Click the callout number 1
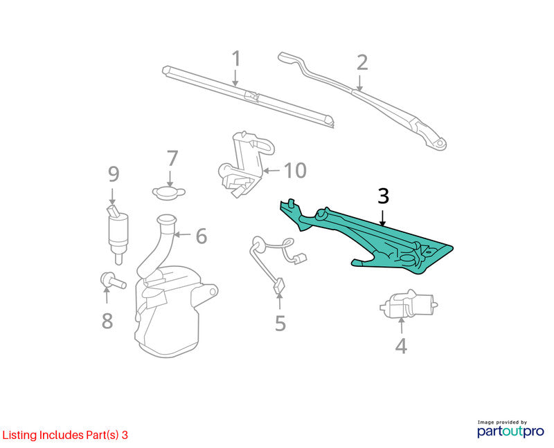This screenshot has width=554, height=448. tap(236, 59)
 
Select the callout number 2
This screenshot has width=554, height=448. tap(362, 62)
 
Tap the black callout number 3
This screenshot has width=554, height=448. tap(384, 196)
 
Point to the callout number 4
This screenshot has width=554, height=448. tap(401, 346)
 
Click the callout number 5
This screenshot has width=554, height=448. tap(280, 323)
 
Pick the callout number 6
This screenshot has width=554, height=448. tap(202, 236)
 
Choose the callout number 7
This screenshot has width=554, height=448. tap(172, 158)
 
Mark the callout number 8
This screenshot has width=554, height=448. tap(107, 321)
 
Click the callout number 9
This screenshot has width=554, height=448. tap(114, 174)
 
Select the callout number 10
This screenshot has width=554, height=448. tap(295, 171)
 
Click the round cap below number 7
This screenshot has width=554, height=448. tap(169, 193)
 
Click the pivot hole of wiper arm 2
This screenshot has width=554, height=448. tap(440, 143)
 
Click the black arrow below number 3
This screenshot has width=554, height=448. tap(382, 218)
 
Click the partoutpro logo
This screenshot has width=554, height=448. tap(510, 429)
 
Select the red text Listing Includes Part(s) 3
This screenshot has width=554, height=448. tap(65, 435)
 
